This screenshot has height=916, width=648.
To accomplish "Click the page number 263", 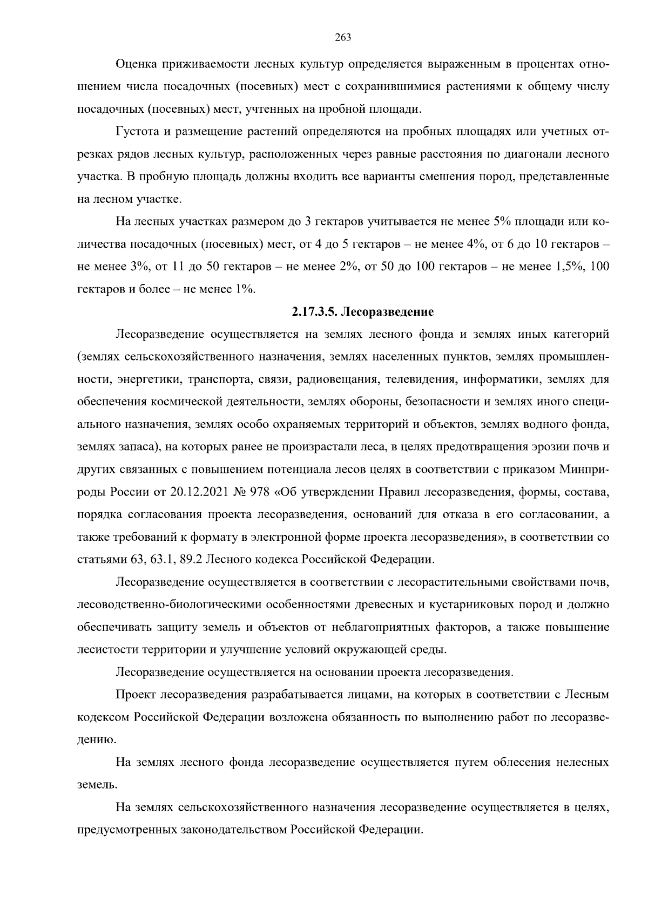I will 343,37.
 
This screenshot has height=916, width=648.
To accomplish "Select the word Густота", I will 136,132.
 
